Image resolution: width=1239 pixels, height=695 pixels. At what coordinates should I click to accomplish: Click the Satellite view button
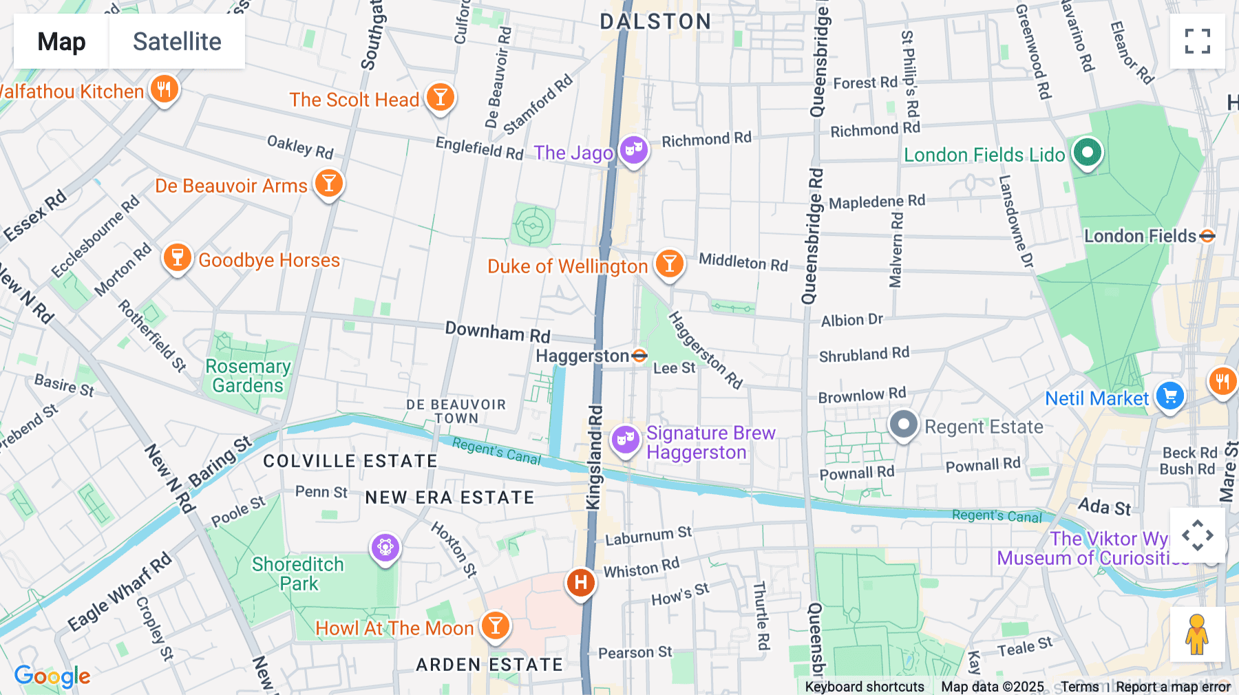click(x=177, y=42)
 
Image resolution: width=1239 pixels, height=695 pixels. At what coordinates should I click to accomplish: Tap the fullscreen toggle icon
click(x=1197, y=41)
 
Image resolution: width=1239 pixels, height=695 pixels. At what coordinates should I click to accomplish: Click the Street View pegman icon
click(x=1197, y=634)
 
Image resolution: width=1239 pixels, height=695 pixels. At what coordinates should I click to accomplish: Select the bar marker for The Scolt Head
click(x=440, y=97)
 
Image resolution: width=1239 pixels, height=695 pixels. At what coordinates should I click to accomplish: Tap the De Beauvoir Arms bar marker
click(x=329, y=184)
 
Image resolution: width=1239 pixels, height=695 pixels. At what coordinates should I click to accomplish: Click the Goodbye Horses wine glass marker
click(x=177, y=258)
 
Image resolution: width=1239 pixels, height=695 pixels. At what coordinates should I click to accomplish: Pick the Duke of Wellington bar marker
click(x=669, y=264)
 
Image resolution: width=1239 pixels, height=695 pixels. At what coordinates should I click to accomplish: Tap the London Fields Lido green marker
click(x=1087, y=152)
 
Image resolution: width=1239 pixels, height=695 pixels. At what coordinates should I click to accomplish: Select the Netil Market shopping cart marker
click(x=1169, y=396)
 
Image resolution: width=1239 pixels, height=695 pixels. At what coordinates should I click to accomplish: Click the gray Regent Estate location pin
click(x=903, y=425)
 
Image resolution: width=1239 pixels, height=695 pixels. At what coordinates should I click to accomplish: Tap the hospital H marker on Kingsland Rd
click(x=580, y=583)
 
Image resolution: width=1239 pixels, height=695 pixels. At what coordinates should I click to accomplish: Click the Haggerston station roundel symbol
click(x=639, y=356)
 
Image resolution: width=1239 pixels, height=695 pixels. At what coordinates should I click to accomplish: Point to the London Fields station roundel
click(x=1207, y=236)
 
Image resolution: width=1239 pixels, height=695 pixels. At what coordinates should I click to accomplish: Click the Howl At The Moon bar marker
click(x=495, y=626)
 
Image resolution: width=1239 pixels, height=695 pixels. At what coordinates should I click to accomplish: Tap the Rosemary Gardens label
click(x=248, y=376)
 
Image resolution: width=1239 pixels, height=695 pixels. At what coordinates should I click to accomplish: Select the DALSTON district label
click(x=655, y=21)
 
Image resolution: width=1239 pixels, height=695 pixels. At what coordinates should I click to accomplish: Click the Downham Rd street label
click(x=498, y=332)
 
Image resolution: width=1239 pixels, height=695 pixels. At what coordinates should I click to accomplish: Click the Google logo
click(x=52, y=676)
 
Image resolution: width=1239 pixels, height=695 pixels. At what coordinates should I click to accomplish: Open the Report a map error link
click(x=1173, y=687)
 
